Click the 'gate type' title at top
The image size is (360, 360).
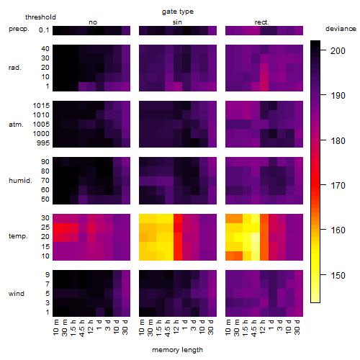[x=178, y=12]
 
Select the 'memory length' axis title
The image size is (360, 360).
[x=177, y=350]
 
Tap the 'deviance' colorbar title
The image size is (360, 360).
[x=341, y=29]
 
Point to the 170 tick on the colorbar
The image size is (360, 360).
[x=323, y=185]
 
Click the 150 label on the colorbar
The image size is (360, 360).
[x=338, y=275]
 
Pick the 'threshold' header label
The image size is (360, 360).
[x=40, y=17]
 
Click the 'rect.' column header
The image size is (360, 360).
[x=261, y=22]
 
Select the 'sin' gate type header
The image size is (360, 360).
[x=177, y=22]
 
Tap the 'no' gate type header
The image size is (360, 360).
[x=93, y=22]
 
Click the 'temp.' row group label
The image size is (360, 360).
[x=18, y=236]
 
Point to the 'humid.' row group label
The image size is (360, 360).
[x=20, y=180]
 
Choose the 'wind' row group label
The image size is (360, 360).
[x=17, y=294]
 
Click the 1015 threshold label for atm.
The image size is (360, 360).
[x=41, y=106]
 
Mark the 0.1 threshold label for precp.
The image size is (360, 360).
[x=44, y=30]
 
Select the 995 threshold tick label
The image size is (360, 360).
[x=43, y=143]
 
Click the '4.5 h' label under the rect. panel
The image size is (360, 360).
[x=253, y=328]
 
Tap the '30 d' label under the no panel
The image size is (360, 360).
[x=125, y=327]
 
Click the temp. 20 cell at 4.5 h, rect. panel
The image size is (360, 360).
[x=256, y=237]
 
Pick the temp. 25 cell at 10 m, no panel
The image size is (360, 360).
[x=57, y=228]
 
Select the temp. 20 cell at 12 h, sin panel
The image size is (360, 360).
[x=178, y=237]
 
